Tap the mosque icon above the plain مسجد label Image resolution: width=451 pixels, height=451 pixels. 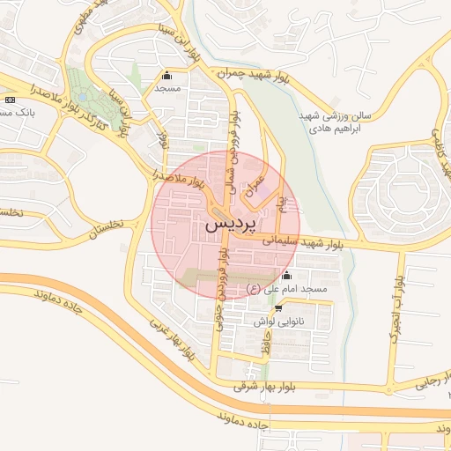[167, 75]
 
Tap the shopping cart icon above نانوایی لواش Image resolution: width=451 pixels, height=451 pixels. [278, 308]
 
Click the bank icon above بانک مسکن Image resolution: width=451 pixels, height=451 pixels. [10, 100]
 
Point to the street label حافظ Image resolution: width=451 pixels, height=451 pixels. [265, 344]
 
